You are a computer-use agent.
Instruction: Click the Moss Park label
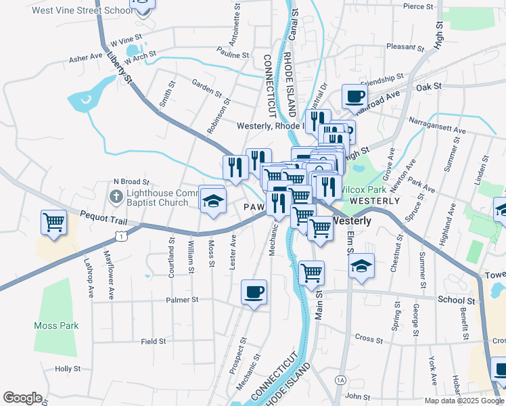[56, 325]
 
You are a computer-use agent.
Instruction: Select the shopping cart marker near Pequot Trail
[53, 223]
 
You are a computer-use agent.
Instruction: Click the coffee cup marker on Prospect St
[254, 292]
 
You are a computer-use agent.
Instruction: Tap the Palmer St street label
[181, 299]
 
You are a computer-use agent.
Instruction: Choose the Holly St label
[68, 369]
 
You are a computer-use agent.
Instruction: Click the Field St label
[154, 342]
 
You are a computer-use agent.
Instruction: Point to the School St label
[456, 300]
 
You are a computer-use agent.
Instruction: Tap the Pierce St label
[417, 6]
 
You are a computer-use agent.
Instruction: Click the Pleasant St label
[405, 47]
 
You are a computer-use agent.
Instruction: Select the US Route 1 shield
[120, 235]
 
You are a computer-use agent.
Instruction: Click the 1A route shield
[340, 380]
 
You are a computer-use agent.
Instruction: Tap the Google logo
[22, 398]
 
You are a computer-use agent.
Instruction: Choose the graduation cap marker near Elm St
[362, 267]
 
